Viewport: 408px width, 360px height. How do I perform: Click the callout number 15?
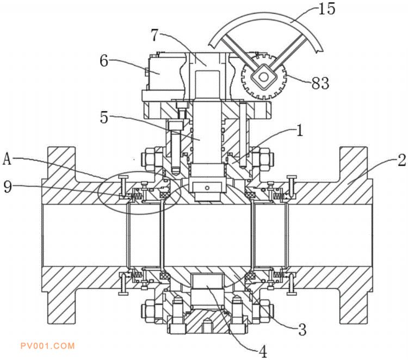pos(326,8)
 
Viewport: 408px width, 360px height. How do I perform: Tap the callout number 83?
pos(320,83)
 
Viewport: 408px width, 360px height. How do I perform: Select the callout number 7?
pos(154,35)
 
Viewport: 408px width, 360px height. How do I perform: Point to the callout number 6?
pos(104,61)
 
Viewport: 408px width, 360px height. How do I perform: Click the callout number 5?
pos(104,117)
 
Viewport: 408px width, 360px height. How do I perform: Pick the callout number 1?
pos(300,131)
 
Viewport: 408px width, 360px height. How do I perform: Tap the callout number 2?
pos(401,160)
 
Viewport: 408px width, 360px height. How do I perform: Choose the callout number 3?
pos(302,330)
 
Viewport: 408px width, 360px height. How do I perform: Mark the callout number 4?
pos(263,352)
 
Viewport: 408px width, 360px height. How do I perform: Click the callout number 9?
pos(8,187)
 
